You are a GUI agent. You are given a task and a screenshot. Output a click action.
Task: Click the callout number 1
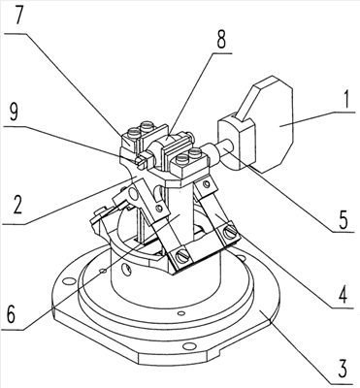click(346, 100)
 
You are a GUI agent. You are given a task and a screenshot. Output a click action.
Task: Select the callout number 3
click(342, 368)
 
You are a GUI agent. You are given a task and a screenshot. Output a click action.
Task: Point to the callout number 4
click(343, 294)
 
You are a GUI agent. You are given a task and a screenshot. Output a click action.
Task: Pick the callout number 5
click(343, 220)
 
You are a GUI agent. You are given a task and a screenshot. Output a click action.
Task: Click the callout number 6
click(11, 314)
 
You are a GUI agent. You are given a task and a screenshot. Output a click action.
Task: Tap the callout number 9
click(14, 113)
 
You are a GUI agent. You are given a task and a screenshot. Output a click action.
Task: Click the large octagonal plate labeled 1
click(272, 124)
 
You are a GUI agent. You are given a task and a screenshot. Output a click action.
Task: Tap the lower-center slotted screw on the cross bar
click(180, 257)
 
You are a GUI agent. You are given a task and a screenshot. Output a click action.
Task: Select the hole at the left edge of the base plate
click(68, 281)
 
